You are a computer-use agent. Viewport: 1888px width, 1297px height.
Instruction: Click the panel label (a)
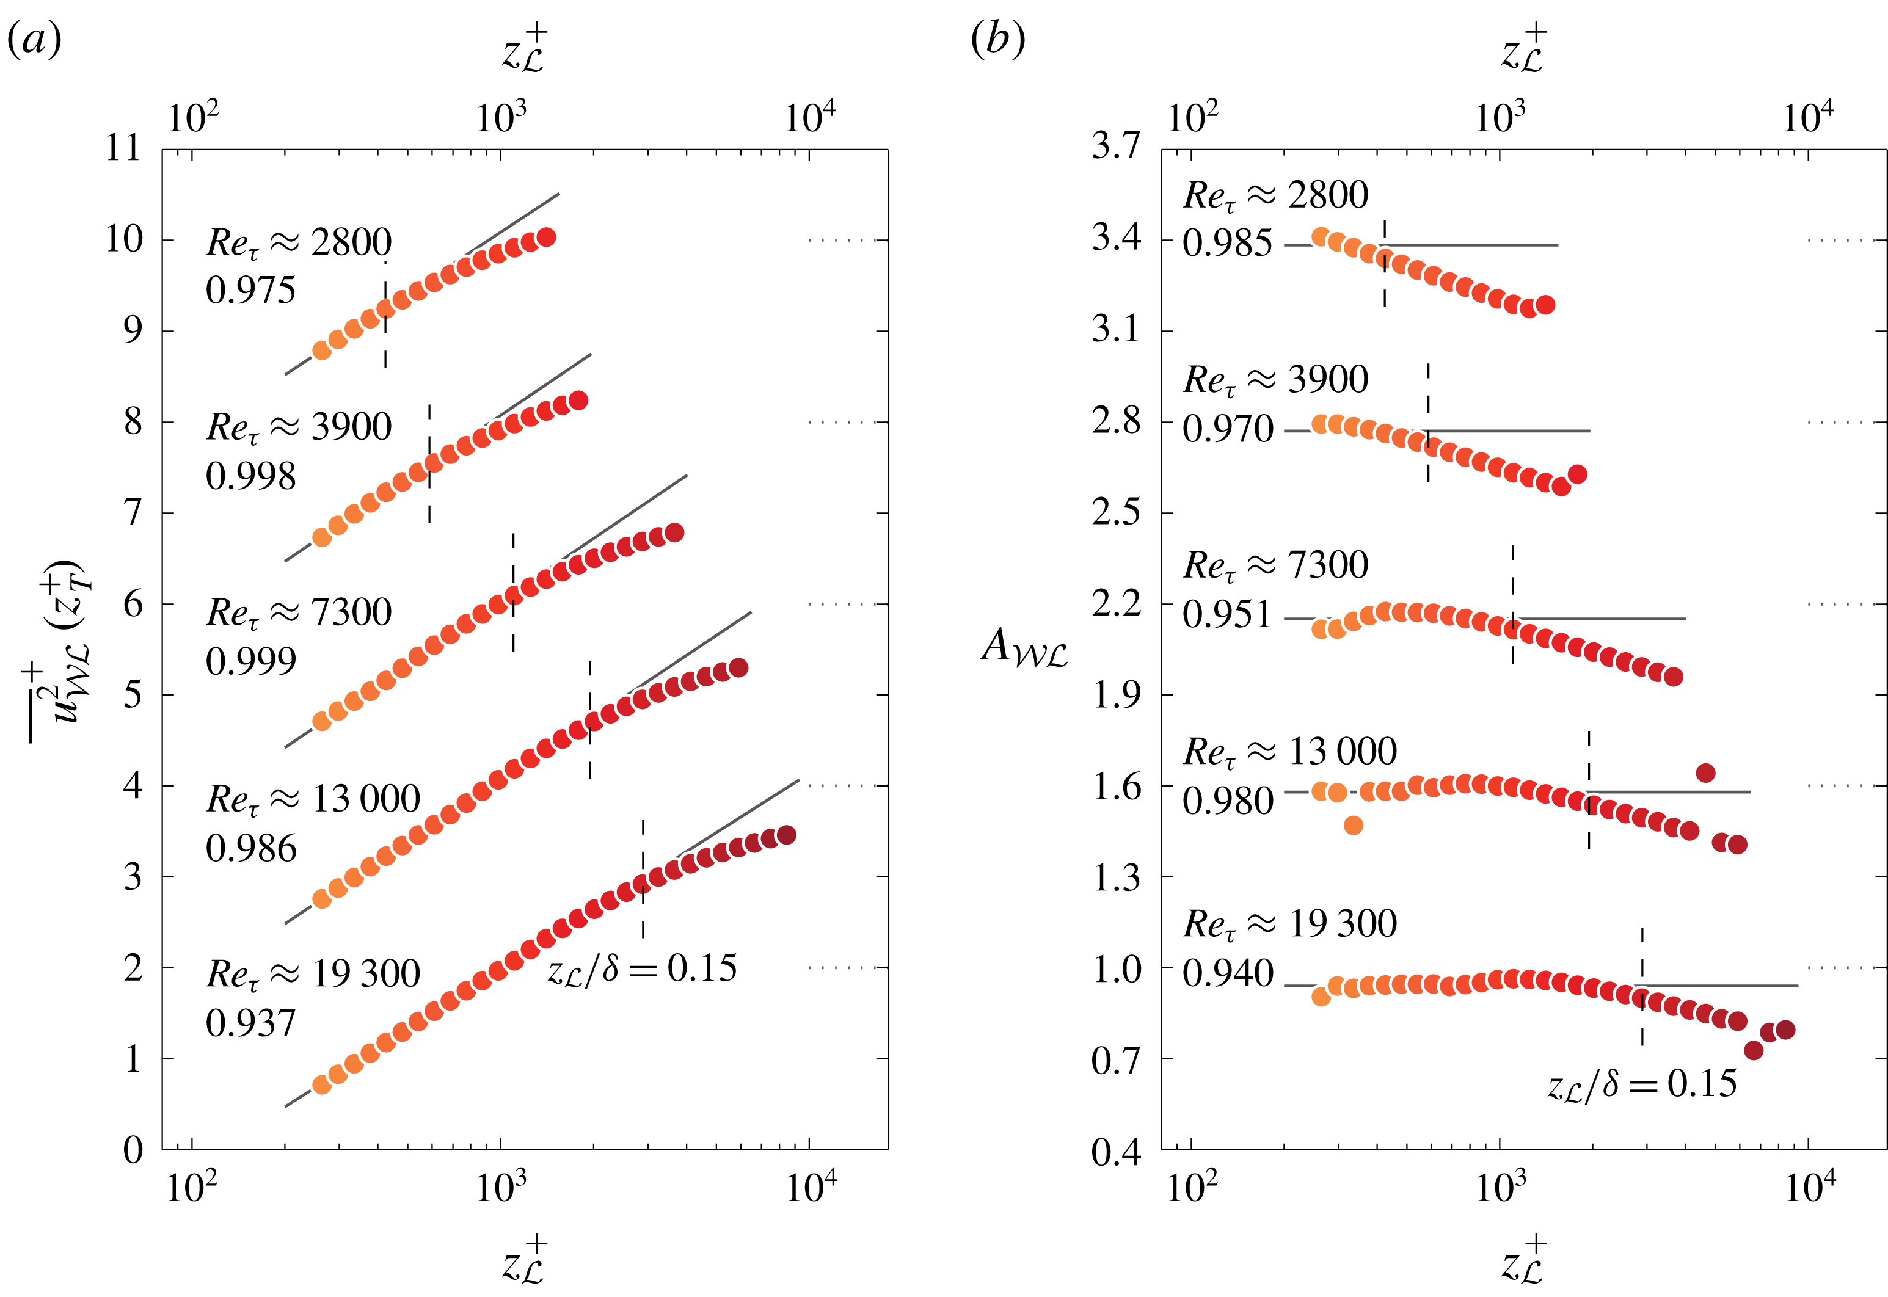pos(34,40)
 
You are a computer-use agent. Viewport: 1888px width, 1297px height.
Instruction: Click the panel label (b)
pos(997,40)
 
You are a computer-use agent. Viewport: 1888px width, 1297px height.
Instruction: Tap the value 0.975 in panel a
pos(250,291)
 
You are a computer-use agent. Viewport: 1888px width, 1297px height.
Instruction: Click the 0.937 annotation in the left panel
pos(250,1023)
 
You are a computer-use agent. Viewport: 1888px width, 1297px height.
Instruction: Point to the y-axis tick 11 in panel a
pos(123,149)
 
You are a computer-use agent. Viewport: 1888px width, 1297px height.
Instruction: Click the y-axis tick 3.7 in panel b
pos(1116,147)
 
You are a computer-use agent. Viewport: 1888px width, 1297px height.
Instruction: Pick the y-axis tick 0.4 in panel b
pos(1116,1152)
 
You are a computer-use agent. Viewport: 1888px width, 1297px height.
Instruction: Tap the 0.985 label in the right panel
pos(1227,244)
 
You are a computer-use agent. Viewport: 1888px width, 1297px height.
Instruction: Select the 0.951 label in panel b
pos(1227,615)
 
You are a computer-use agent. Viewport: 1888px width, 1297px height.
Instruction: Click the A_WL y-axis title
pos(1024,648)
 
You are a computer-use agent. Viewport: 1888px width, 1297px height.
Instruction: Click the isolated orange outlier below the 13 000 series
pos(1352,826)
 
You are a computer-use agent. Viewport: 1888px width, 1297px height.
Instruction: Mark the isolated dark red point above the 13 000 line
pos(1705,773)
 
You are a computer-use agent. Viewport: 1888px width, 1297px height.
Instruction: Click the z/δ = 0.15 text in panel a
pos(642,968)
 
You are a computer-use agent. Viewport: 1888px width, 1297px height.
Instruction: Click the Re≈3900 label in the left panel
pos(299,427)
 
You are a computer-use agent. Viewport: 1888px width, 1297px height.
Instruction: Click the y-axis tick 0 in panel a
pos(133,1150)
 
